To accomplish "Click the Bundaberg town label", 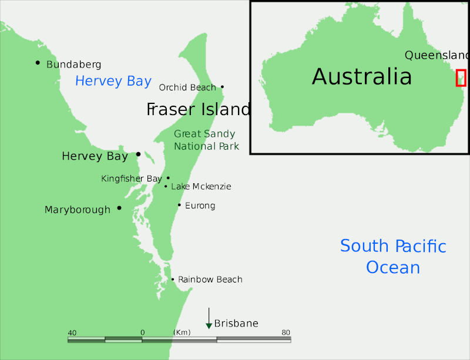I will [x=73, y=65].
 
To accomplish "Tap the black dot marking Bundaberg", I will [x=38, y=62].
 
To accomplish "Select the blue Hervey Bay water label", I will [x=113, y=81].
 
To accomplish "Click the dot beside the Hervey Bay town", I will [x=138, y=154].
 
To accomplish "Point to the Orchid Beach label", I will [x=187, y=88].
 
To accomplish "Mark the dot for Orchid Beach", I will [x=222, y=87].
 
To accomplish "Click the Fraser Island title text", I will [x=198, y=109].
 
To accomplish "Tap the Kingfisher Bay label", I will [x=132, y=179].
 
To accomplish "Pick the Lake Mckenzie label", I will [x=201, y=187].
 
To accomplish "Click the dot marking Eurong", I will [x=179, y=205].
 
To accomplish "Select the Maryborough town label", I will [x=78, y=210].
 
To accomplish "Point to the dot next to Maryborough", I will [x=119, y=208].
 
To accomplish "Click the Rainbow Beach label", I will [x=210, y=280].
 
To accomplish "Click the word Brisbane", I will [x=236, y=324].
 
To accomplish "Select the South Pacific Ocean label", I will [x=393, y=257].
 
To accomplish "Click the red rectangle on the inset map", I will [x=461, y=78].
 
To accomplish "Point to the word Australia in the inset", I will [x=362, y=76].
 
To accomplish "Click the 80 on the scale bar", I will [x=286, y=333].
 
